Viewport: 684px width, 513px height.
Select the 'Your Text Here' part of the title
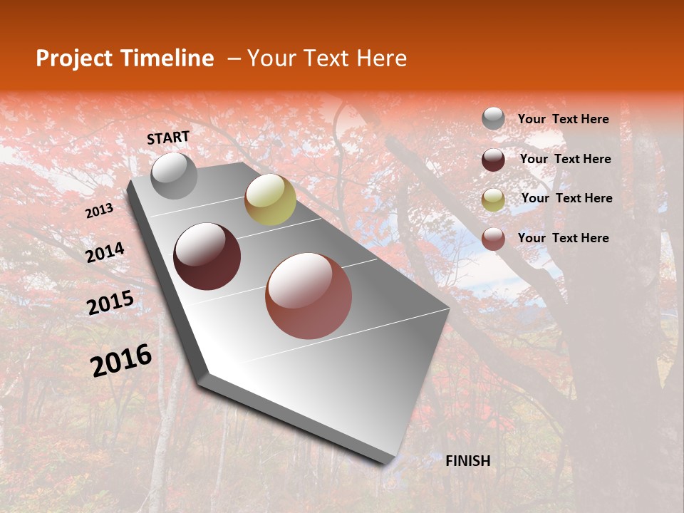click(x=327, y=58)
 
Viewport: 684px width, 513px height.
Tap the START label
click(x=168, y=138)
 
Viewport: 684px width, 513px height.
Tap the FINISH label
click(x=467, y=461)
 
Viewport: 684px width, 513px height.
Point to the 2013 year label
click(x=100, y=211)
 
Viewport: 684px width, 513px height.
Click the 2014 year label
click(x=105, y=252)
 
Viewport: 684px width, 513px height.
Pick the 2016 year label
click(x=121, y=361)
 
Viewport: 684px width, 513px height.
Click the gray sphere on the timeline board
click(x=174, y=175)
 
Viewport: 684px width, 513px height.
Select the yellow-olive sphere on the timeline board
click(x=270, y=199)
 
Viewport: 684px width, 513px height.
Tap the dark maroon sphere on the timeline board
click(x=207, y=256)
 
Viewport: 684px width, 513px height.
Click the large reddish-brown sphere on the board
click(x=309, y=296)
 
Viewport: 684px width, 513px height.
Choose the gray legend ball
click(x=493, y=119)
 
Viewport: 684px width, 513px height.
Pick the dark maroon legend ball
click(x=493, y=160)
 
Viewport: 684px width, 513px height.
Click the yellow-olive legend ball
click(x=493, y=199)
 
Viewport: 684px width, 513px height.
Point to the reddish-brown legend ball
click(x=493, y=239)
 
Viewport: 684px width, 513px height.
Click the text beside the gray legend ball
click(x=564, y=120)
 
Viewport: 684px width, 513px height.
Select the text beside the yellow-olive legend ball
click(x=567, y=198)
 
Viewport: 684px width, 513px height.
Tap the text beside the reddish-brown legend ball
click(x=564, y=238)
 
